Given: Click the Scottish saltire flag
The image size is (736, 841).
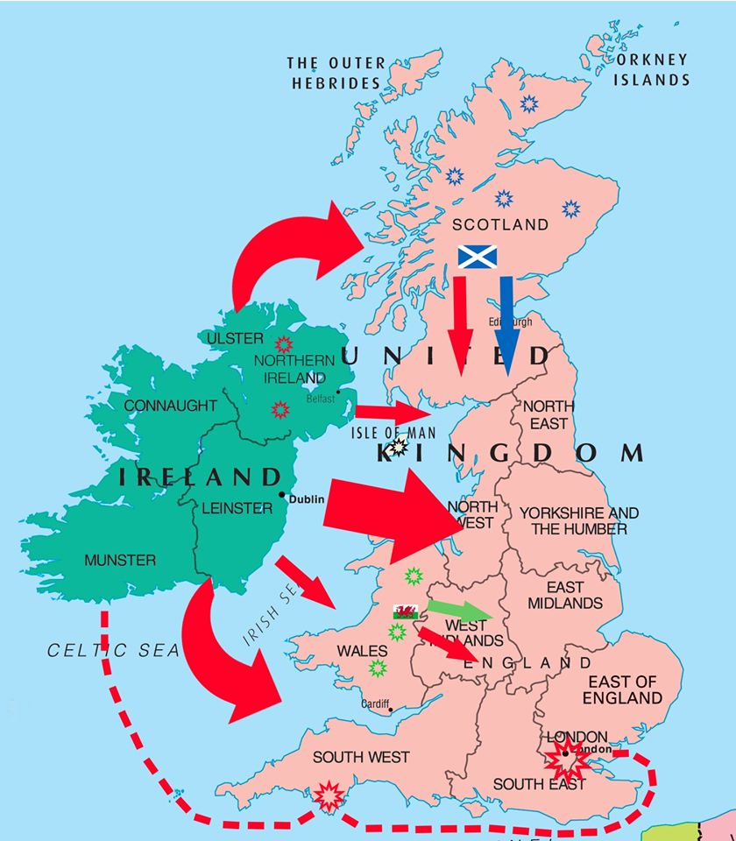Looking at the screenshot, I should [x=478, y=257].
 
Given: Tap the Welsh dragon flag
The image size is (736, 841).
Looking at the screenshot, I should [x=405, y=611].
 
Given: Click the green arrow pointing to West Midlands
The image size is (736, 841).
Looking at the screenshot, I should [x=460, y=611].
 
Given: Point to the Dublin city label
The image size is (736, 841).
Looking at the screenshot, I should [x=308, y=499].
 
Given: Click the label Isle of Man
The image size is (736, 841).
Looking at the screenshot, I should [x=393, y=433].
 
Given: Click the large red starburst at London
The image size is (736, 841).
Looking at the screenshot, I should [x=567, y=758].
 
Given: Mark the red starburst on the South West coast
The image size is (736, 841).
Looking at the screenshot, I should [x=330, y=795].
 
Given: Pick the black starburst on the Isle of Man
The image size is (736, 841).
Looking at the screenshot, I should [x=399, y=448].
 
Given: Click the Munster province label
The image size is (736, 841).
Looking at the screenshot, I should [x=120, y=560].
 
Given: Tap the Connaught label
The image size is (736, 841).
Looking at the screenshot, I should [x=170, y=406].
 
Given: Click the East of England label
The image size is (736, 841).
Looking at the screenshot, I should [x=622, y=689].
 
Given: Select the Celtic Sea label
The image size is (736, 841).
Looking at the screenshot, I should [x=112, y=650].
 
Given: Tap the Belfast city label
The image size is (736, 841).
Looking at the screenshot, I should [x=321, y=399].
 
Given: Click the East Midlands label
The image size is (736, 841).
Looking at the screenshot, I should [x=564, y=595].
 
